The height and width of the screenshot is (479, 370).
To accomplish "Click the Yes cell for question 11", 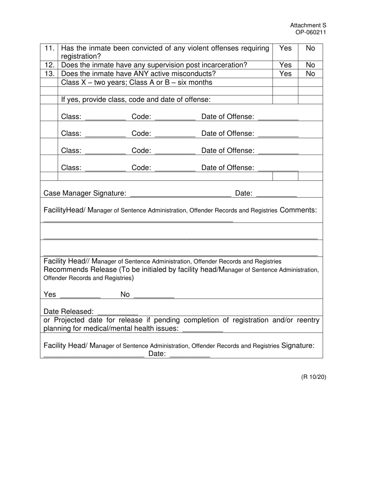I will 285,48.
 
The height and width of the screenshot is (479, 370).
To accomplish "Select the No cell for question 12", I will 310,65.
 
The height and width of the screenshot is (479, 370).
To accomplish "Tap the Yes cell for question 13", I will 285,74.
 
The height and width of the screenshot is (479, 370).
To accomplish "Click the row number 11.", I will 49,48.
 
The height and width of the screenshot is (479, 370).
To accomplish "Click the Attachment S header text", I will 308,25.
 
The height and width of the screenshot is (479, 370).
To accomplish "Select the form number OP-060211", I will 310,32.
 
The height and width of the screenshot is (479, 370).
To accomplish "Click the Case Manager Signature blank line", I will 180,194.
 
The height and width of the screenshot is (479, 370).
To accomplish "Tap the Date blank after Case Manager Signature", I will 277,194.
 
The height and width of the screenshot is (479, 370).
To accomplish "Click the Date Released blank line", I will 117,312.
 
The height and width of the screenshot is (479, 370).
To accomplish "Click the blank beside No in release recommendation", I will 153,295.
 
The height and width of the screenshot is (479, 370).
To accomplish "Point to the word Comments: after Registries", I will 298,210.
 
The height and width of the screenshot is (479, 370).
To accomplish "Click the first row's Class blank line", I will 105,117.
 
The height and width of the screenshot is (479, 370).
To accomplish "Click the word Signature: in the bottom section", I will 298,346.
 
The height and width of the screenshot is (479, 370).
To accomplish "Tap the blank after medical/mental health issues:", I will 203,329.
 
